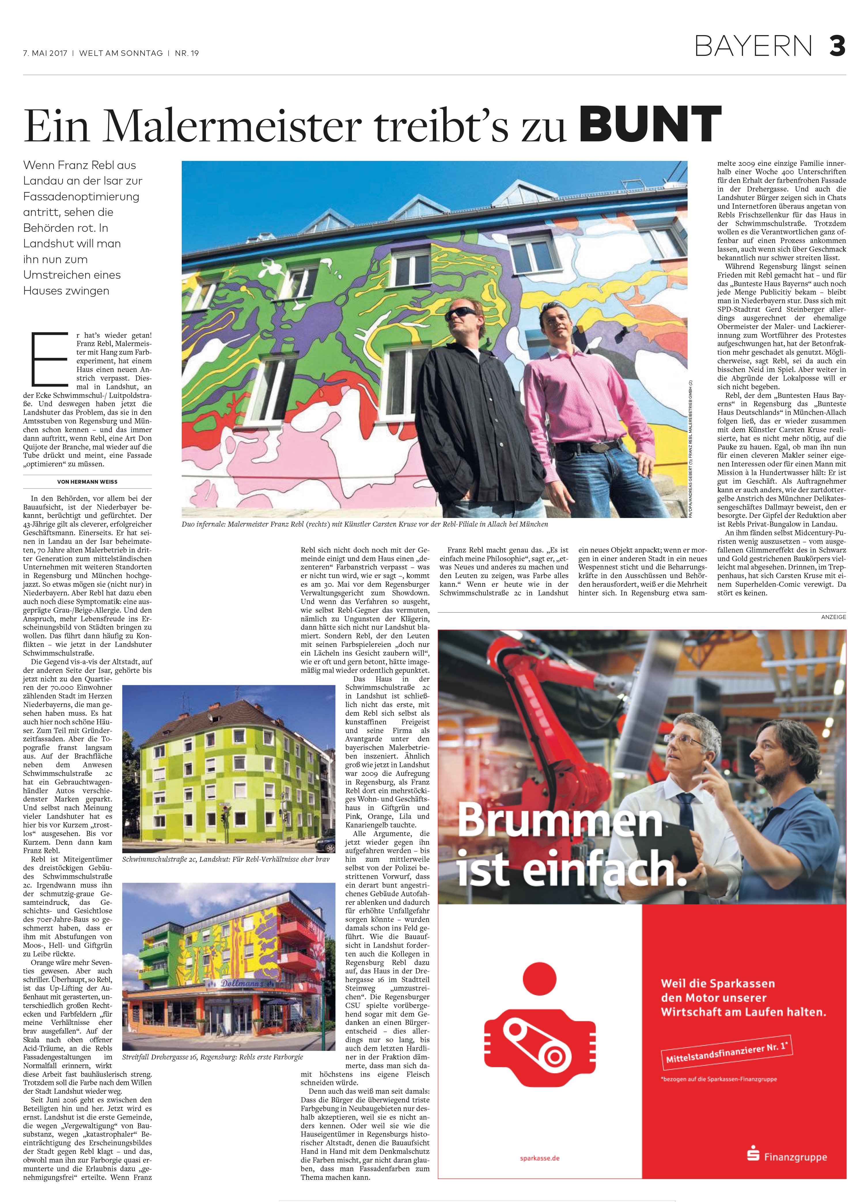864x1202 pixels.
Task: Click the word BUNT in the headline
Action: [650, 125]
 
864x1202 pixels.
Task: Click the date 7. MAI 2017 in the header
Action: [45, 53]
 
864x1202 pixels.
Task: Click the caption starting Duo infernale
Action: [365, 524]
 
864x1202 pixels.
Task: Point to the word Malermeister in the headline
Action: [232, 127]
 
